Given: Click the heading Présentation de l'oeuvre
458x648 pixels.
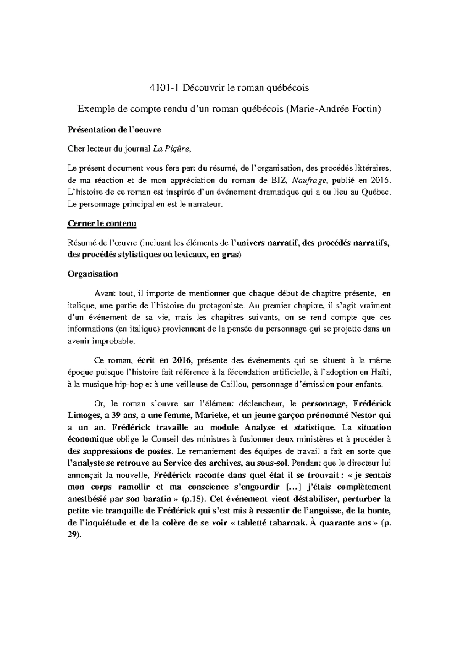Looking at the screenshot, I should pos(114,130).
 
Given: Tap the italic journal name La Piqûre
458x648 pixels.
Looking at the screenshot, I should pos(171,149).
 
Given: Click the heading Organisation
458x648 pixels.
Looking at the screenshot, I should pos(93,274).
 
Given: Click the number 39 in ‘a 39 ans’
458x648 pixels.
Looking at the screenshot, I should pos(111,415).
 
